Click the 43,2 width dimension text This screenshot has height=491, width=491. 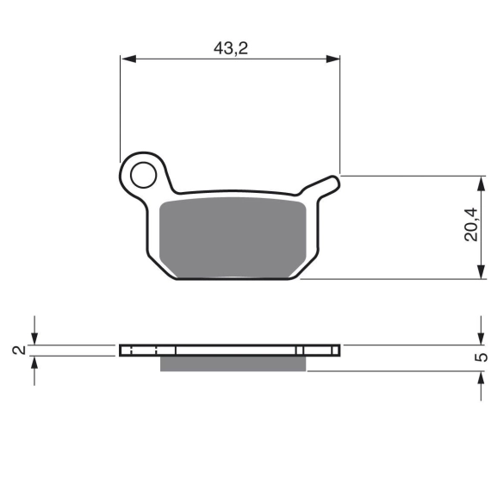coord(231,48)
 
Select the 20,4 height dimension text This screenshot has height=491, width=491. coord(471,224)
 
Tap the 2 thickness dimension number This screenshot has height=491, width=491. coord(19,350)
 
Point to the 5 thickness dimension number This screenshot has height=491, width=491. coord(482,357)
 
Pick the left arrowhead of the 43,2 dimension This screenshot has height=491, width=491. coord(128,59)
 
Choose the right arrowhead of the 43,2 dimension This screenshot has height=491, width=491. coord(333,59)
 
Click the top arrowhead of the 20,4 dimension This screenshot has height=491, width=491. coord(481,183)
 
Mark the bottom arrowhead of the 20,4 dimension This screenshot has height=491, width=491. coord(481,271)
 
